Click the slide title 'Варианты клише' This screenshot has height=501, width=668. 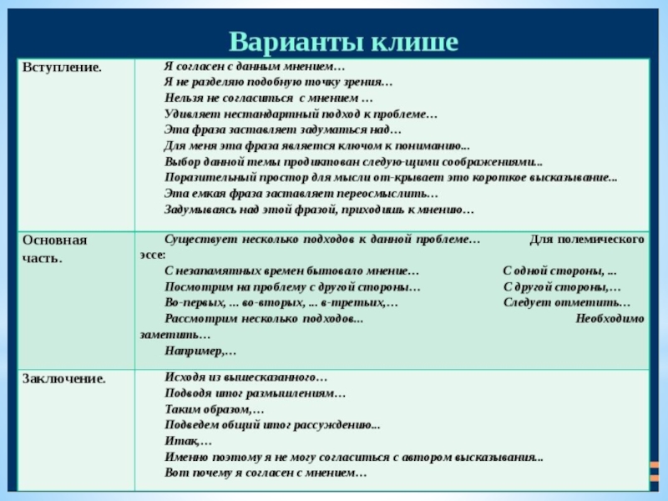tap(343, 40)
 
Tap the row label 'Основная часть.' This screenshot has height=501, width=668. tap(54, 249)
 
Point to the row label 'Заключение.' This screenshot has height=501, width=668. tap(63, 378)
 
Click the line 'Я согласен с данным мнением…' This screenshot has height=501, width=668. tap(255, 66)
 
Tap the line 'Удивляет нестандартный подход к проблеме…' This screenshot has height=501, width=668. tap(301, 114)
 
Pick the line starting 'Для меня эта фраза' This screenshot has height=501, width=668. tap(317, 145)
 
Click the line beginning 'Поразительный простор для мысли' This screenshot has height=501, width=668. tap(391, 177)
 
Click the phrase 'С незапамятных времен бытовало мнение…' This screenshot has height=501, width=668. tap(292, 271)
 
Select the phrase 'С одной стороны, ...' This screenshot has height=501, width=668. tap(560, 271)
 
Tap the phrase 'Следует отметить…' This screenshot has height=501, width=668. tap(567, 303)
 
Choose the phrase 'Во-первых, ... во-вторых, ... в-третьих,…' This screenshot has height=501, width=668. tap(281, 303)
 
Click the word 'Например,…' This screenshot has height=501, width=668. tap(201, 351)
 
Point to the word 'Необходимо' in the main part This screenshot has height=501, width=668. tap(610, 319)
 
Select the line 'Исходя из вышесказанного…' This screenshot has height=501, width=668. tap(246, 377)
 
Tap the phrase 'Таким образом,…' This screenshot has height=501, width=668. tap(215, 409)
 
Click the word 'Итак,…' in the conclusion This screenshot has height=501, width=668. tap(189, 441)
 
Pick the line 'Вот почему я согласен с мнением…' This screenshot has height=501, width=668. tap(266, 473)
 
